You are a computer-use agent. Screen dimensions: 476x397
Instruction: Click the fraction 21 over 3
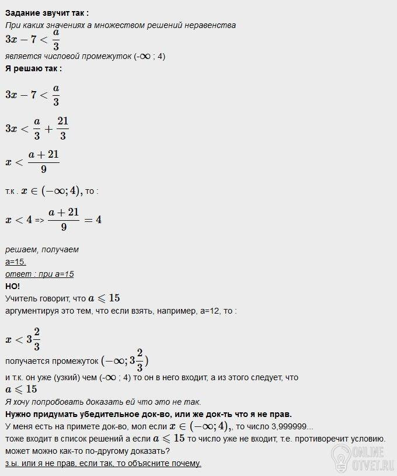pos(63,128)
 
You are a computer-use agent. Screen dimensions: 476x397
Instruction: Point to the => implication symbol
pos(39,221)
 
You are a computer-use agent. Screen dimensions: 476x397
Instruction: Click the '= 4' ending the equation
pos(92,220)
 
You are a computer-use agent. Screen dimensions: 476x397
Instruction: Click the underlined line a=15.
pos(16,262)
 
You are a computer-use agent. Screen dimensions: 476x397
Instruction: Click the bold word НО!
pos(12,286)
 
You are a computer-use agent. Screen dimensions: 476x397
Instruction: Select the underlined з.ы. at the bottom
pos(12,463)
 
